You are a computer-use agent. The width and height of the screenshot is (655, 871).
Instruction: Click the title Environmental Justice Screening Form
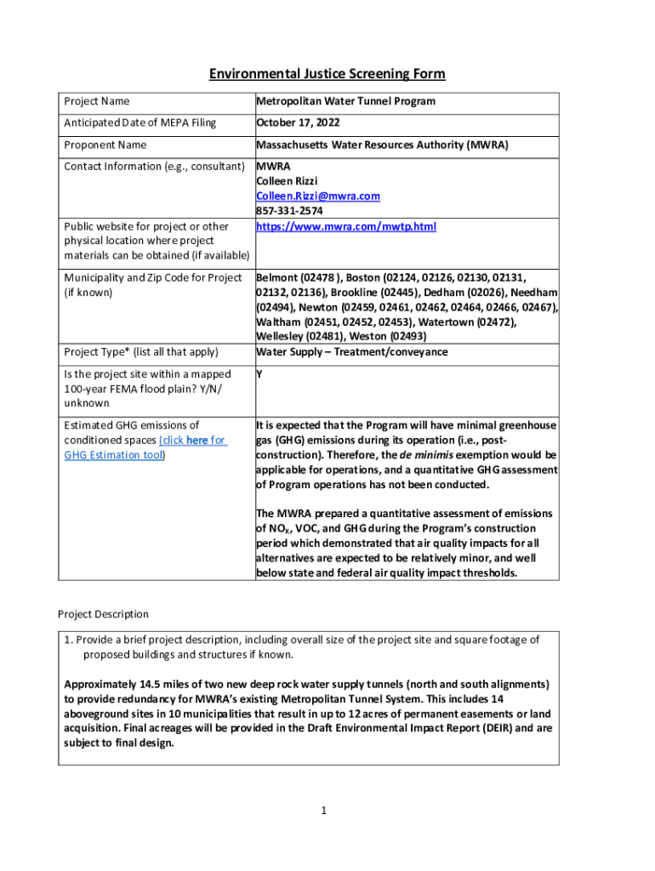[327, 74]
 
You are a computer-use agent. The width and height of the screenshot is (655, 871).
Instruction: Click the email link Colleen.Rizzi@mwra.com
[317, 196]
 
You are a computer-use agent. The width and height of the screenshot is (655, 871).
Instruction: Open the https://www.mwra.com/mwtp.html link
[345, 227]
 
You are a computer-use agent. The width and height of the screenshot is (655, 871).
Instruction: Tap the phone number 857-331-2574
[289, 211]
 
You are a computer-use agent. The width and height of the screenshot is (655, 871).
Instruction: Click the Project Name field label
[97, 101]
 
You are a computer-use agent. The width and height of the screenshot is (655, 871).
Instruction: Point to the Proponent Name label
[105, 145]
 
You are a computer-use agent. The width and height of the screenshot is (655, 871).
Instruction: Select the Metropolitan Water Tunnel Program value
[345, 101]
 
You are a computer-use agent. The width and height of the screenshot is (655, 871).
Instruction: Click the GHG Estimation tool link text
[114, 455]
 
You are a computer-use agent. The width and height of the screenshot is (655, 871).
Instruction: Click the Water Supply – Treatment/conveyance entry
[352, 352]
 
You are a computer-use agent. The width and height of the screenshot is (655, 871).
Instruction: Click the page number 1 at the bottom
[324, 811]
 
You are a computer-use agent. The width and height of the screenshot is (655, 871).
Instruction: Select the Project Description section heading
[103, 614]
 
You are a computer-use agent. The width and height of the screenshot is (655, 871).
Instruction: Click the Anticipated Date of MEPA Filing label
[140, 123]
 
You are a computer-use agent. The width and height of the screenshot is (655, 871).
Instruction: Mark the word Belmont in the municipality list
[277, 277]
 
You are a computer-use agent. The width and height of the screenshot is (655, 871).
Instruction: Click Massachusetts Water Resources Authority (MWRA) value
[382, 145]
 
